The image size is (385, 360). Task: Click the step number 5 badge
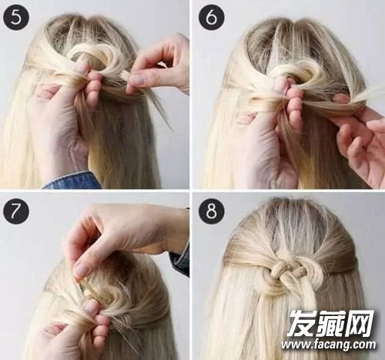pos(16,17)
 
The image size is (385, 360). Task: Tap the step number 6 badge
pos(212,17)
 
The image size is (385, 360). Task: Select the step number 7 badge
pos(16,211)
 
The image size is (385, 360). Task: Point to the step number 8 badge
pos(212,211)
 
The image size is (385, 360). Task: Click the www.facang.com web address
pos(329,345)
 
